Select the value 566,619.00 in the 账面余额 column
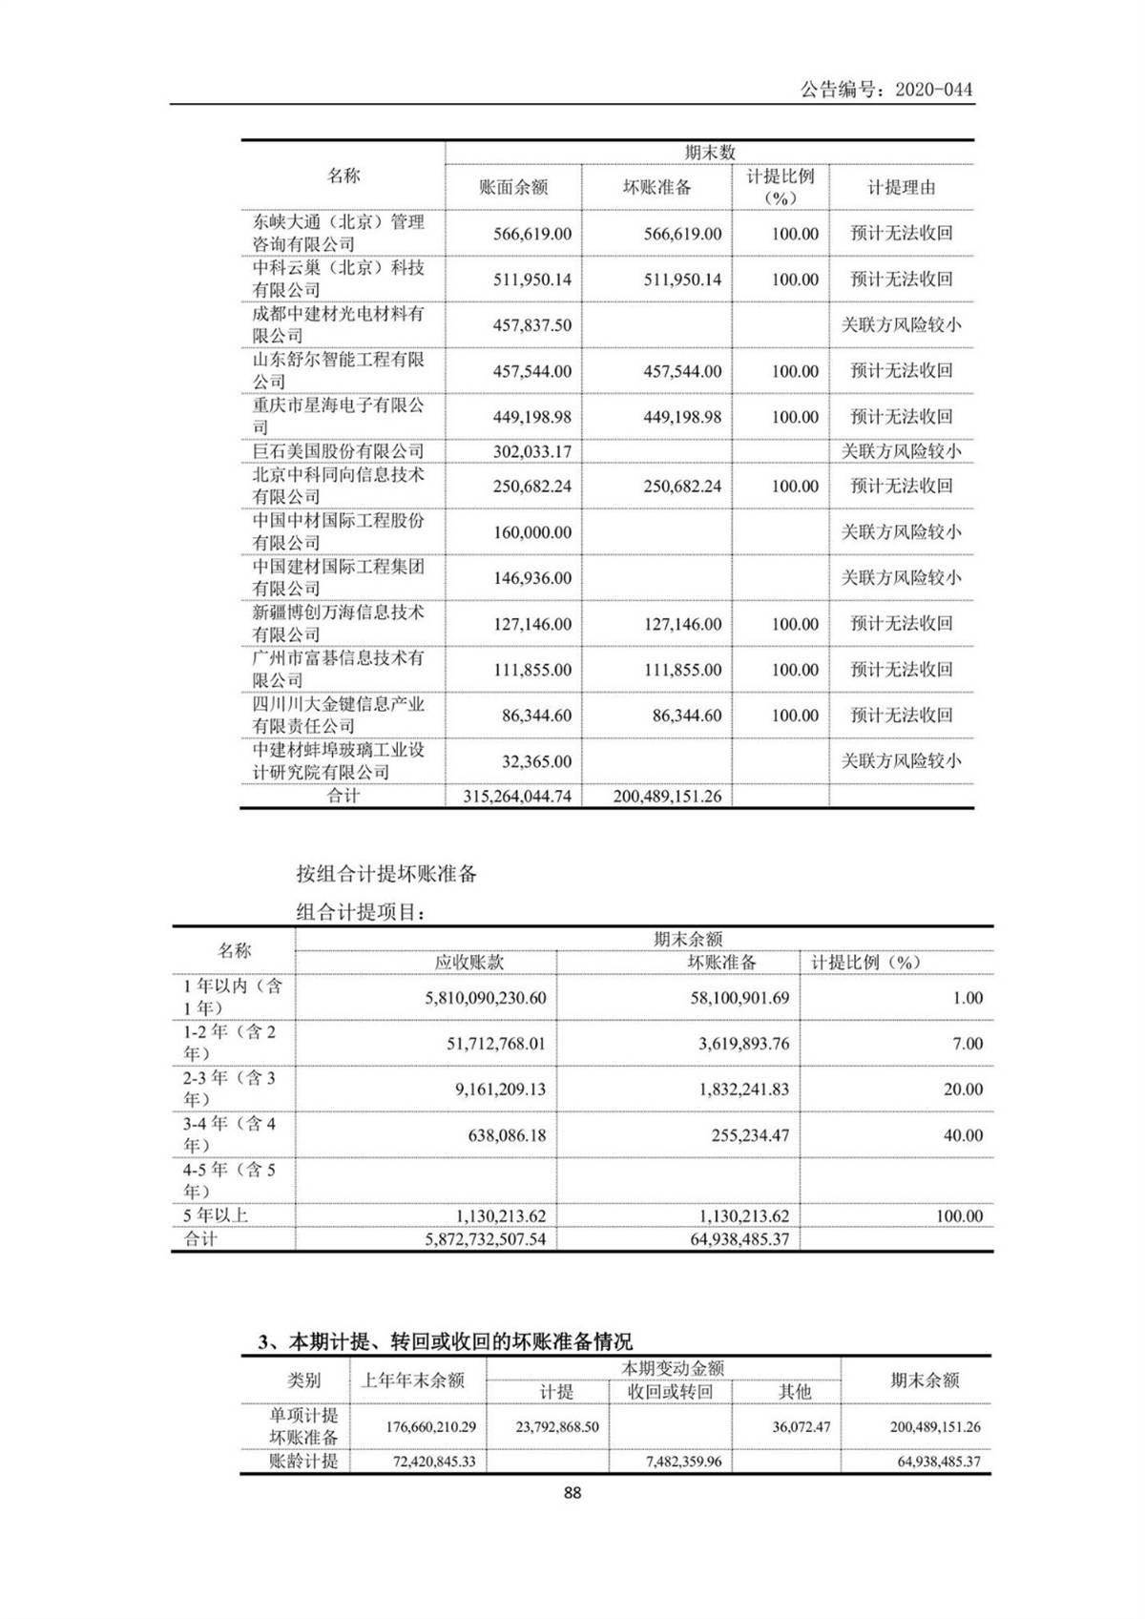point(532,234)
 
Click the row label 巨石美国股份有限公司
point(338,451)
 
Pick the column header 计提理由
point(901,188)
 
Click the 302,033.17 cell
point(532,451)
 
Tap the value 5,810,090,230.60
point(486,998)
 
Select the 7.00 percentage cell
point(967,1044)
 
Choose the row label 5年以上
point(216,1215)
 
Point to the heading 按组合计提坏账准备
point(386,873)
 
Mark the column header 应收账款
point(469,963)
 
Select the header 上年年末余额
point(413,1380)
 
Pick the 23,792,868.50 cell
point(557,1427)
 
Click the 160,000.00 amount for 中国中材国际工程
point(532,532)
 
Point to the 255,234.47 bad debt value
point(750,1135)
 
